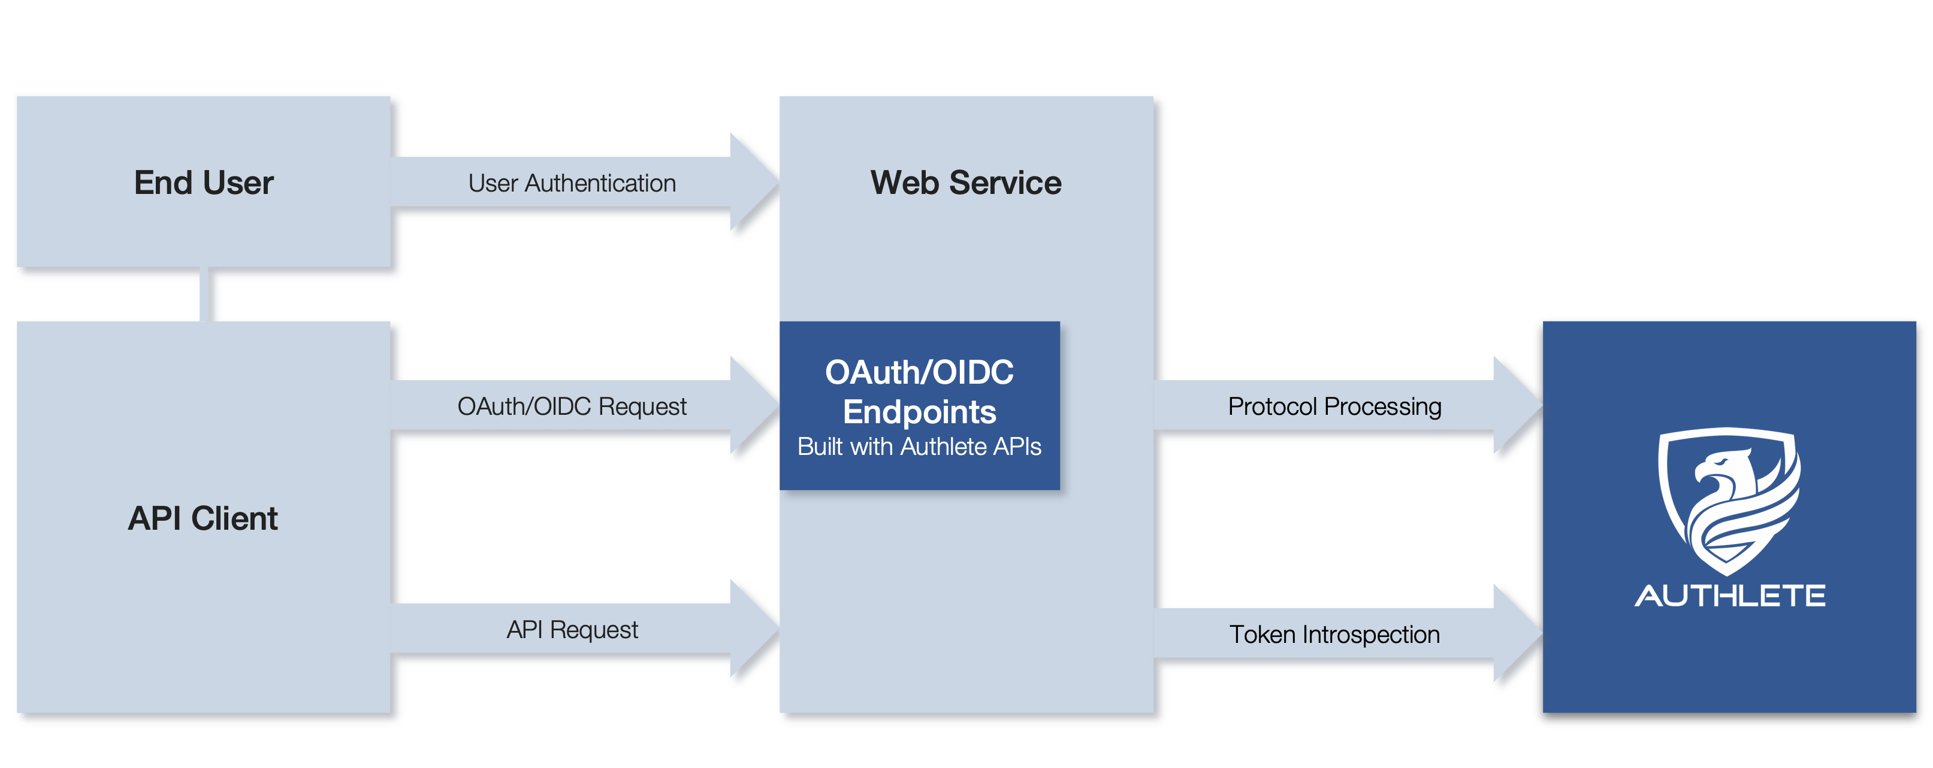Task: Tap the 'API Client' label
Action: (x=203, y=518)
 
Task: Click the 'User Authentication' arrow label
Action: (x=572, y=183)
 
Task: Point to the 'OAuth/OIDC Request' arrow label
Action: (x=572, y=406)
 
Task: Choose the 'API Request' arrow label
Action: (x=572, y=629)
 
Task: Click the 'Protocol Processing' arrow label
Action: (x=1334, y=406)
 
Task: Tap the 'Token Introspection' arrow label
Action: (x=1334, y=635)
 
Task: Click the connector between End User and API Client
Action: (x=204, y=294)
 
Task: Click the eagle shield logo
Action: (x=1729, y=501)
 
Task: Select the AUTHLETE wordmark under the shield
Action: (x=1730, y=596)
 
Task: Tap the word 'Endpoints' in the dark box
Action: (x=919, y=412)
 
